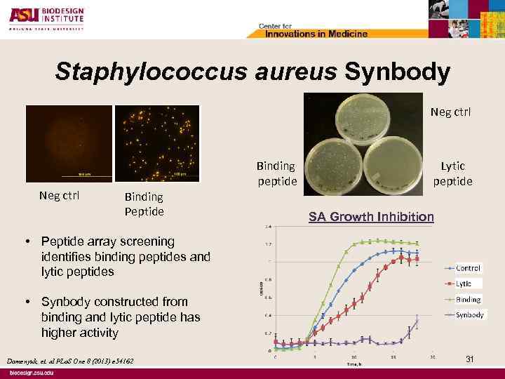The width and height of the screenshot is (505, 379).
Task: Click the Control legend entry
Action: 468,268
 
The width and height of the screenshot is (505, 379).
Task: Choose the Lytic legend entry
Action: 464,284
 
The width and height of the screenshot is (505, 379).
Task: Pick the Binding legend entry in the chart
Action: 468,299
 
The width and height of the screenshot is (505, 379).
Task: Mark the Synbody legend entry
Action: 469,314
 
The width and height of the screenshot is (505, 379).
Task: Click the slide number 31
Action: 470,359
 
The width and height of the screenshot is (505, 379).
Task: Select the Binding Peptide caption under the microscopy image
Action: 143,204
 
